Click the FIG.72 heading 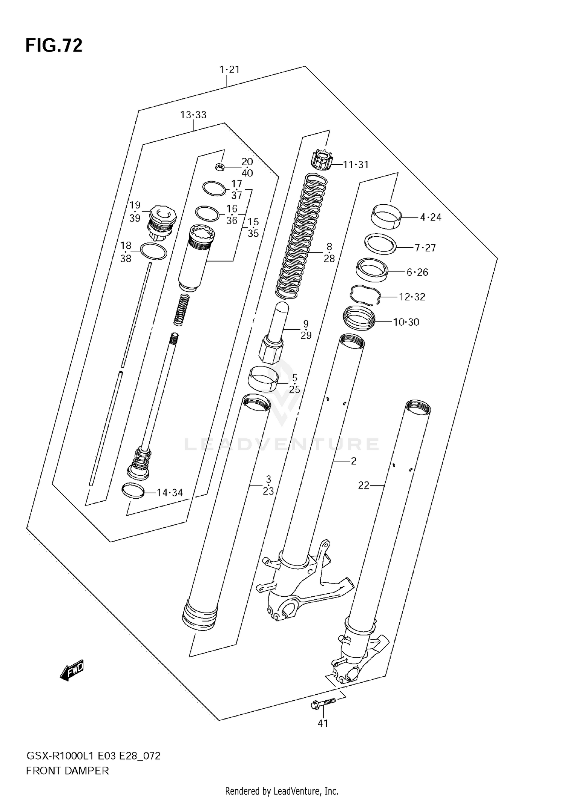point(54,45)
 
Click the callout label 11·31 point(356,164)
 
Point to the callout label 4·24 point(431,217)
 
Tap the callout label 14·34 point(170,492)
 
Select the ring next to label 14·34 point(133,491)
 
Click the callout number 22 point(364,486)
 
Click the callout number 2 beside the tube point(353,461)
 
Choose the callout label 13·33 point(193,115)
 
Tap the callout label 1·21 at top point(229,69)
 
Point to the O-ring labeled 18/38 point(153,251)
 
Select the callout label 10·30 point(406,322)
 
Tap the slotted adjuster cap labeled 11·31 point(322,160)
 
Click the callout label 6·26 point(417,272)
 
